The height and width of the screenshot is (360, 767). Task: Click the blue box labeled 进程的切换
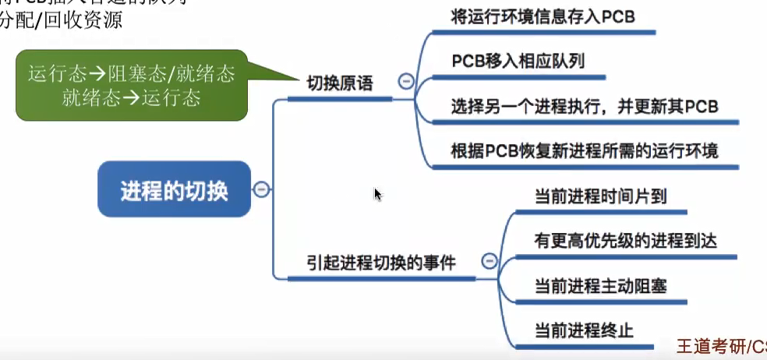[174, 189]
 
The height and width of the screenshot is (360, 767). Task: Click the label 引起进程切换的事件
[381, 263]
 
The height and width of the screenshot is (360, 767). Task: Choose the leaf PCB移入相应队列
[518, 61]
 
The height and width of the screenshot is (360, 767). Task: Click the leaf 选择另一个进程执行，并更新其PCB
[584, 105]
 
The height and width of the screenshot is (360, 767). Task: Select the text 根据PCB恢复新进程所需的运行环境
[584, 150]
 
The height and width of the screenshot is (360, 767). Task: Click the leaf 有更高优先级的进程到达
[625, 241]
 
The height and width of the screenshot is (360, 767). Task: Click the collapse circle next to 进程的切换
[263, 189]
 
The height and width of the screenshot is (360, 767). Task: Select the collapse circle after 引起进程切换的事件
[490, 261]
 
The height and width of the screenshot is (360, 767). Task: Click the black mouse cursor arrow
[377, 193]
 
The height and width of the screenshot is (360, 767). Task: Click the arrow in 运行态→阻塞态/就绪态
[97, 74]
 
